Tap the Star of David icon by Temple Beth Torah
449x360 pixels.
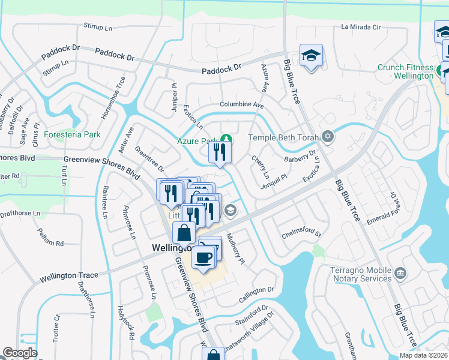point(327,137)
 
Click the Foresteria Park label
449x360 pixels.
point(73,134)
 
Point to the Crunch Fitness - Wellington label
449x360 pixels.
point(405,71)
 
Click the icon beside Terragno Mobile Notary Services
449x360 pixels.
point(400,274)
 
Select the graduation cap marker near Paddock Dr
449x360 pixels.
point(311,56)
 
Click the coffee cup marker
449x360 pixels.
point(202,257)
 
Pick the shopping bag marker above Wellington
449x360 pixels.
point(184,233)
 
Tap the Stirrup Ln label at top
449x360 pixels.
point(98,28)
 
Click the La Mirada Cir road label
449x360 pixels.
point(361,27)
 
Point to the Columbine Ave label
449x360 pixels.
point(241,104)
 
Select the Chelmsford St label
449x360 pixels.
point(301,232)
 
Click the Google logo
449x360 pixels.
point(20,353)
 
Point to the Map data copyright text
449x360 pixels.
point(422,355)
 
